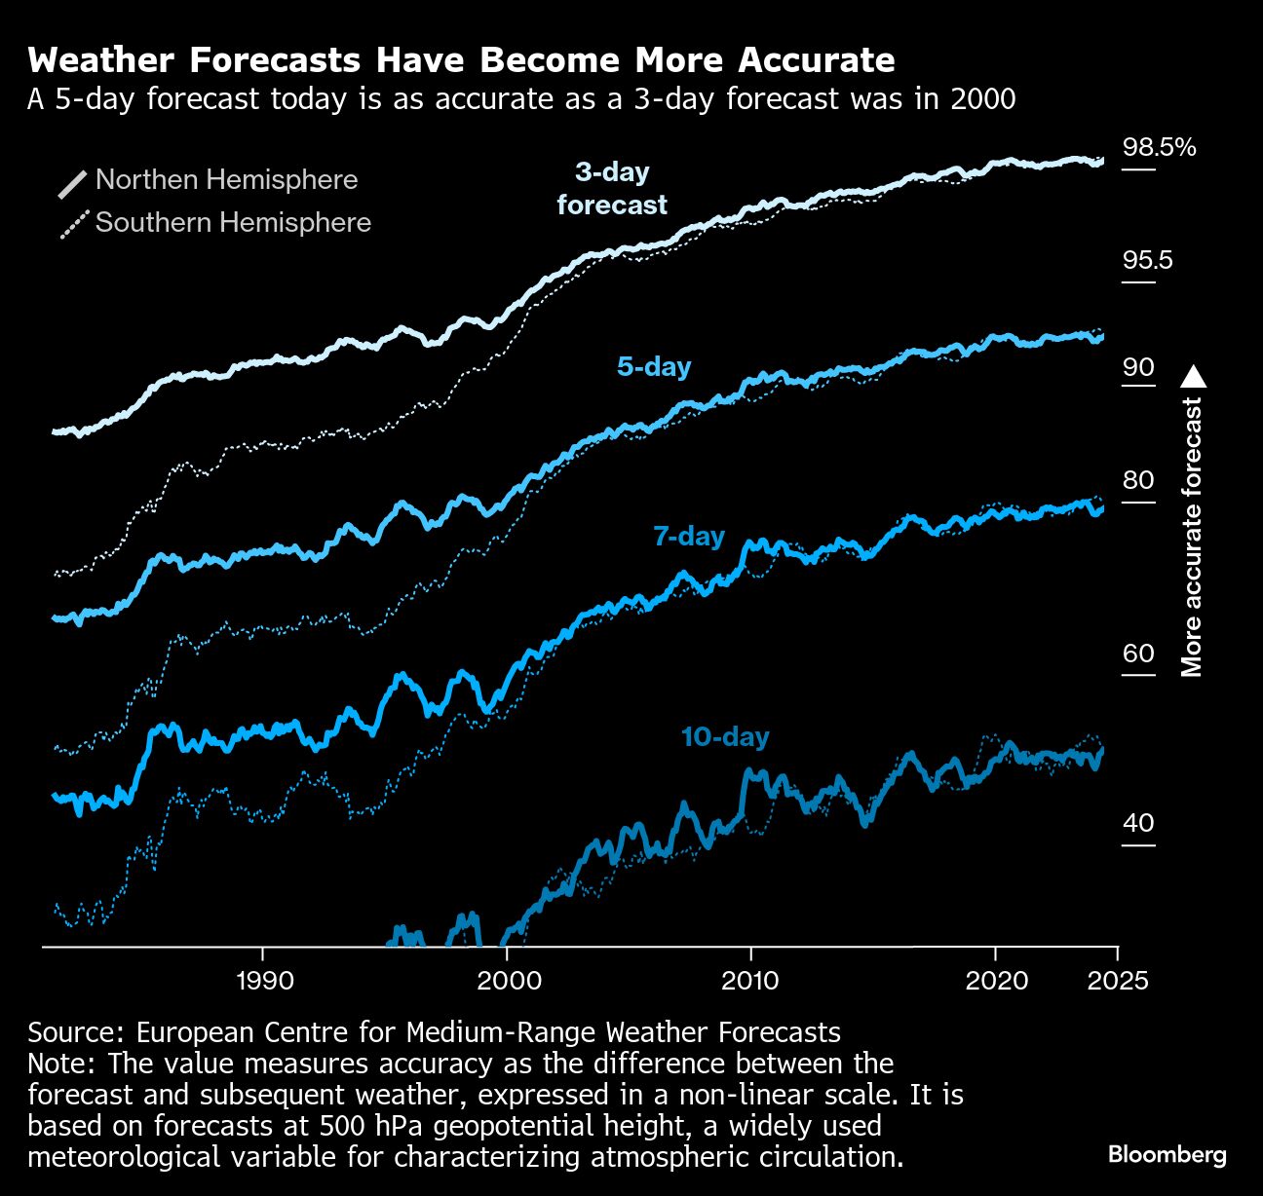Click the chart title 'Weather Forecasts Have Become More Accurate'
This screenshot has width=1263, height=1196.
461,60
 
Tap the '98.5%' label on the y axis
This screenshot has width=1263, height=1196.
1159,147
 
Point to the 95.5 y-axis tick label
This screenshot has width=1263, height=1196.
1147,261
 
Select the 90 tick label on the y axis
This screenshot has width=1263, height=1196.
1138,367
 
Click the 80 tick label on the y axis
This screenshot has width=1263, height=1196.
1138,480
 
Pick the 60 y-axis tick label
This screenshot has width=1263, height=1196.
1138,653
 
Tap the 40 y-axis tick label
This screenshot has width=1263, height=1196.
1138,823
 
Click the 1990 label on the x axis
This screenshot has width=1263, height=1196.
264,980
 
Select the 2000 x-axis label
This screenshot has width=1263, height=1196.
509,980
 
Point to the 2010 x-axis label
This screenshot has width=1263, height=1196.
750,980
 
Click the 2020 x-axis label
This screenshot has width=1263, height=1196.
996,980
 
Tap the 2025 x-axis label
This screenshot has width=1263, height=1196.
1117,980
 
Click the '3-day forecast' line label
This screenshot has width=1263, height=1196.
612,188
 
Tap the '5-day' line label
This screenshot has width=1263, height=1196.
654,367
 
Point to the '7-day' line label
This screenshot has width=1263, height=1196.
689,537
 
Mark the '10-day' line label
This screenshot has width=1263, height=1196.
725,737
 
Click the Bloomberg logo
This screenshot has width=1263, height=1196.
1167,1155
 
